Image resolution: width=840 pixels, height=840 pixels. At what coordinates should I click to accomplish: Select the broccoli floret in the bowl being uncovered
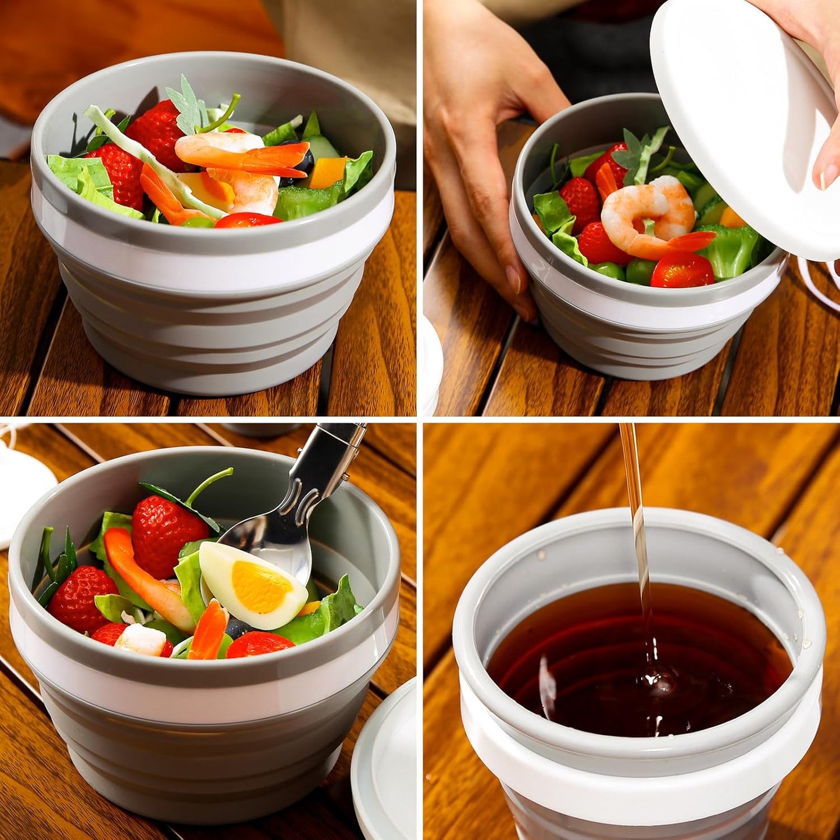[x=732, y=250]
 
